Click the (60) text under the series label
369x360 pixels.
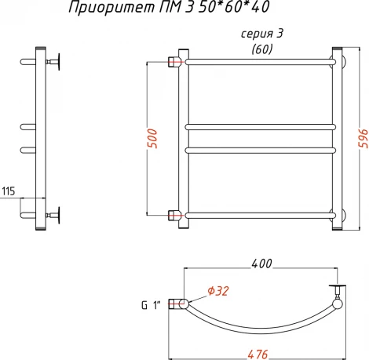pyautogui.click(x=263, y=50)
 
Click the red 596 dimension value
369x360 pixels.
pyautogui.click(x=362, y=140)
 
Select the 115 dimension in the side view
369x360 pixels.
pyautogui.click(x=9, y=191)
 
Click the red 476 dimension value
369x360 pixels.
pyautogui.click(x=257, y=353)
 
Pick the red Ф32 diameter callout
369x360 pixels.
pyautogui.click(x=218, y=291)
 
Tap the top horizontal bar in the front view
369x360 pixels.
pyautogui.click(x=259, y=60)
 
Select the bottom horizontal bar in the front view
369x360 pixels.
pyautogui.click(x=259, y=214)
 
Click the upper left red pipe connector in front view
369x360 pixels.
pyautogui.click(x=175, y=60)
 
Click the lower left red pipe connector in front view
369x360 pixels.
pyautogui.click(x=175, y=213)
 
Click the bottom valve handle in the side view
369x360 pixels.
pyautogui.click(x=57, y=213)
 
